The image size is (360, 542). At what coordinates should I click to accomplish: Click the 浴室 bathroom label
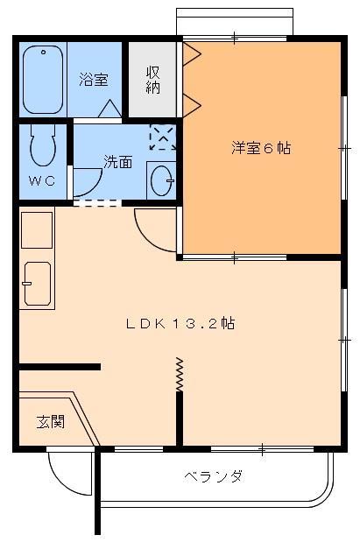(x=94, y=80)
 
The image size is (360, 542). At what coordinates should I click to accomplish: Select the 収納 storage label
(x=152, y=80)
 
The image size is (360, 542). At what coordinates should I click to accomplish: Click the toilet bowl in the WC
(x=41, y=146)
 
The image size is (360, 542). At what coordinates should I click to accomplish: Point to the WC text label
(x=41, y=181)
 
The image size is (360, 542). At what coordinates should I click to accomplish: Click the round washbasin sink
(x=161, y=180)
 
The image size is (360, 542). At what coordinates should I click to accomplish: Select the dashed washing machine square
(x=162, y=137)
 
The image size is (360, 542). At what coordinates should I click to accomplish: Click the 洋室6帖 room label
(x=260, y=148)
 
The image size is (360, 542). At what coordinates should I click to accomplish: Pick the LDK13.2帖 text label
(x=180, y=323)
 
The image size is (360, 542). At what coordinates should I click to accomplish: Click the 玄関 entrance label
(x=50, y=421)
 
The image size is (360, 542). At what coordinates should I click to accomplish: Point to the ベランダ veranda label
(x=213, y=476)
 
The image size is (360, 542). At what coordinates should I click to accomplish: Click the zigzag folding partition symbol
(x=180, y=375)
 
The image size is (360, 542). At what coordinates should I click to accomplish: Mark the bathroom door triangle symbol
(x=110, y=109)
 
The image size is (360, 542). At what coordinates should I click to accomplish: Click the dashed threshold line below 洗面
(x=96, y=204)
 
